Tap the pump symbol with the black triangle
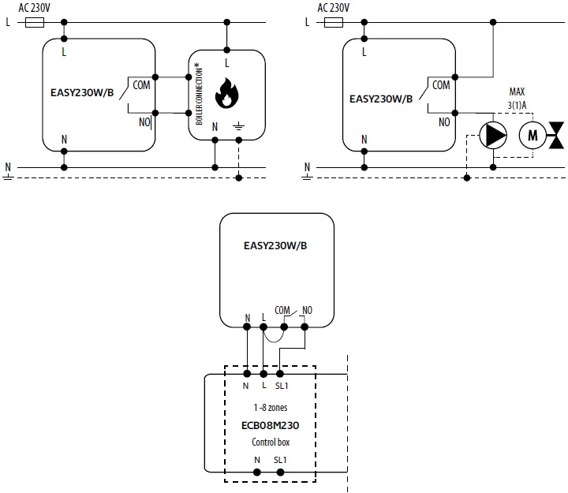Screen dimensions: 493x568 tap(494, 136)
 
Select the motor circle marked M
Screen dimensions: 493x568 tap(532, 136)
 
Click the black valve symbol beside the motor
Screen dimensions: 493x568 tap(559, 136)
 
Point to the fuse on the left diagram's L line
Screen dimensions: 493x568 tap(35, 22)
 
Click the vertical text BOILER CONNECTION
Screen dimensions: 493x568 tap(197, 93)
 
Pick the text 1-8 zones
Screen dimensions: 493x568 tap(270, 409)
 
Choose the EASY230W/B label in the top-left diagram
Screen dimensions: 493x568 tap(82, 92)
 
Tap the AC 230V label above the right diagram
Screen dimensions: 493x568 tap(334, 8)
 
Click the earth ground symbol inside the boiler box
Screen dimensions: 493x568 tap(239, 126)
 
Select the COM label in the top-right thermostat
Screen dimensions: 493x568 tap(442, 84)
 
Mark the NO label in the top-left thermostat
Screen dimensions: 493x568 tap(145, 122)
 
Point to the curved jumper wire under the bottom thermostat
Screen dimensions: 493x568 tap(273, 336)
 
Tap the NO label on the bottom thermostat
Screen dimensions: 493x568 tap(308, 310)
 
